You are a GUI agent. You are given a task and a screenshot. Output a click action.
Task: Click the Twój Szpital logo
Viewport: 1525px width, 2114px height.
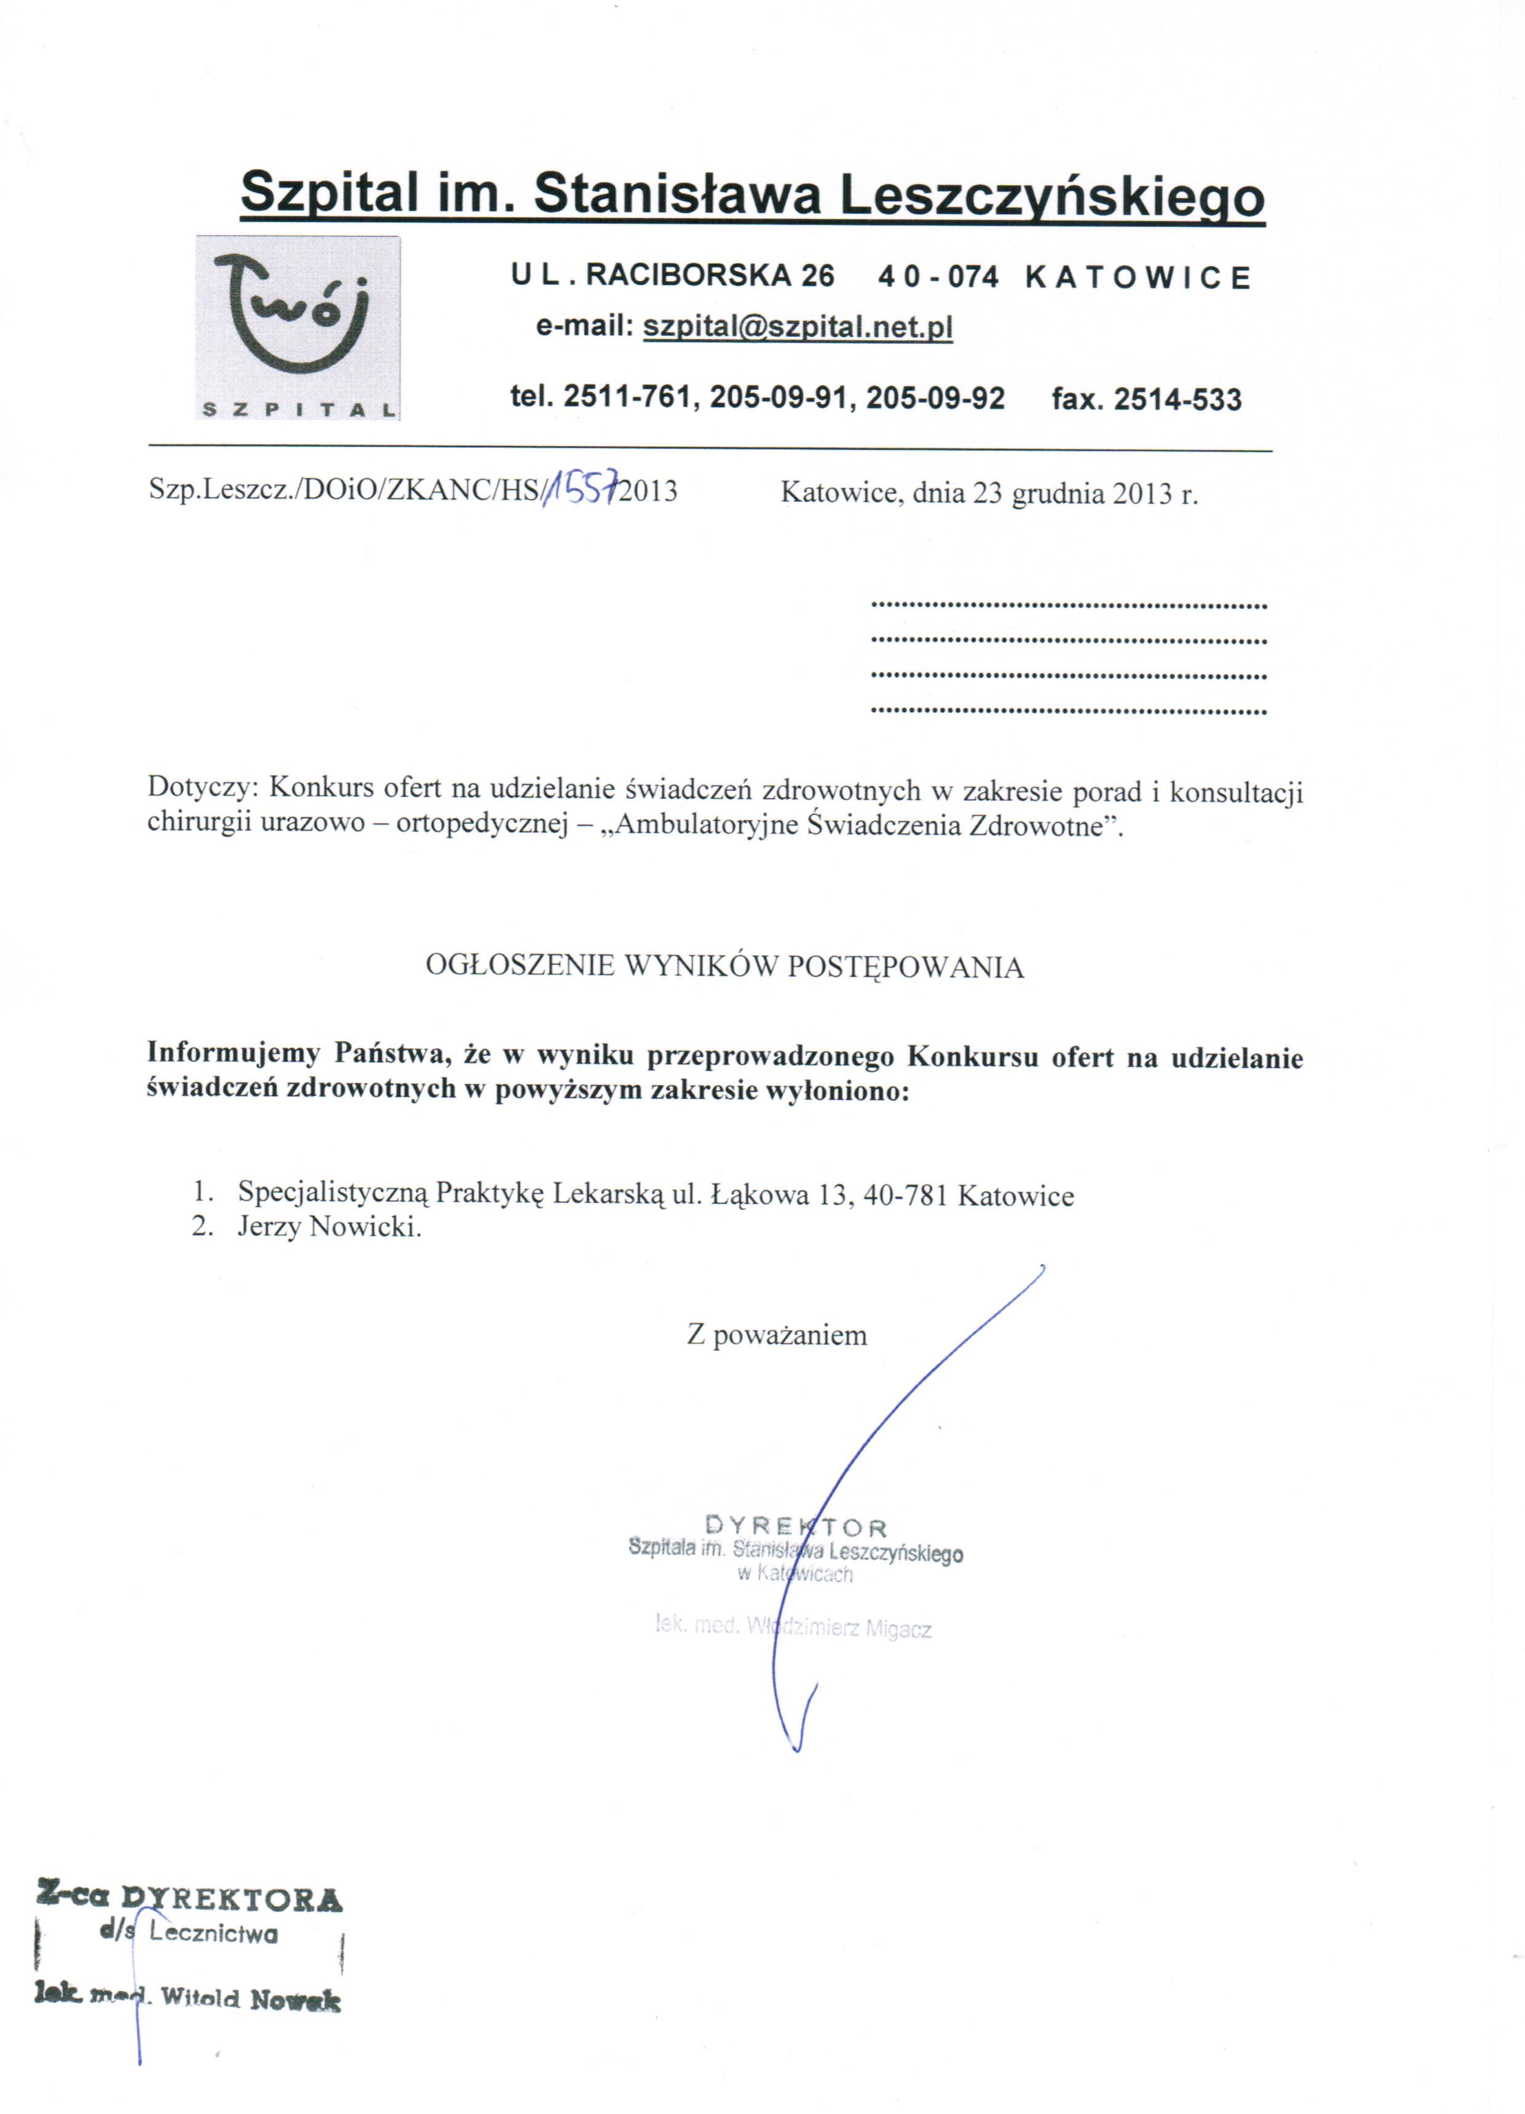pos(298,327)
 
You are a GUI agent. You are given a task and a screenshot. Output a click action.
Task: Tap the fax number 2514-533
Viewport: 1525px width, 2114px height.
pos(1178,400)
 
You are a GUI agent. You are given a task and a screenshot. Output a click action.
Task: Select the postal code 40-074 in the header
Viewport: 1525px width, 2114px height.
pos(938,277)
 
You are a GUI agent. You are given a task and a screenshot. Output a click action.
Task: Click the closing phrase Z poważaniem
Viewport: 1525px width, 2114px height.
pos(777,1335)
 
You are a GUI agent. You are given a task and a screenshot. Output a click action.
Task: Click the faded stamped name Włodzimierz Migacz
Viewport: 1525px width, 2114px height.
pos(839,1627)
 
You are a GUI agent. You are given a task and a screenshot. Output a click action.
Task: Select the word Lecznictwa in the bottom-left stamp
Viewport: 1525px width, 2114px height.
pos(213,1934)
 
